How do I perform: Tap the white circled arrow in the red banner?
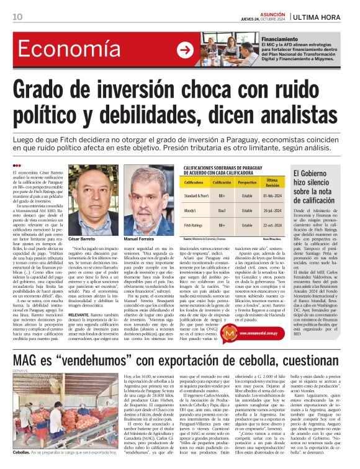[184, 50]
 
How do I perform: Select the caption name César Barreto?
[83, 239]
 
